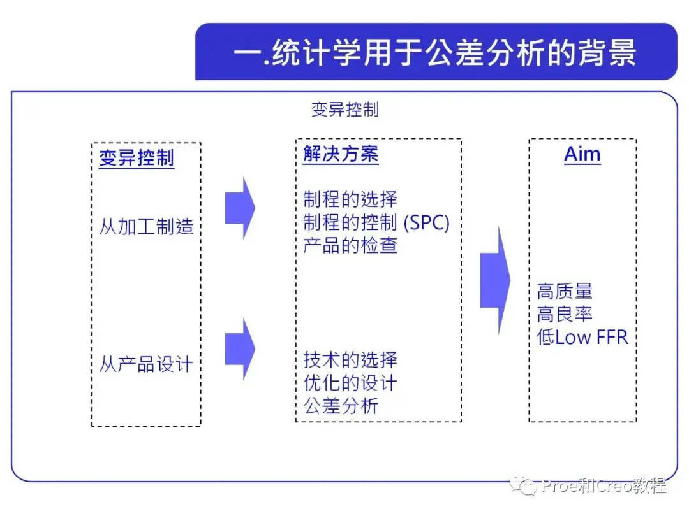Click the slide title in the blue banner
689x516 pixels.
(x=434, y=53)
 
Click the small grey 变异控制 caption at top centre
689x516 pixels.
(x=345, y=110)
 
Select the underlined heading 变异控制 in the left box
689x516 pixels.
(x=137, y=158)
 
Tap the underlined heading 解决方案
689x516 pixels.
(x=341, y=154)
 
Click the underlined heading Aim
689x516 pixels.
(x=582, y=154)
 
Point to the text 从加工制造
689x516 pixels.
(x=146, y=227)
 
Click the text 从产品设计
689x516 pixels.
(x=146, y=364)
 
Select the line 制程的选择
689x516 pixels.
(x=350, y=199)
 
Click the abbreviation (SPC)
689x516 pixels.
(x=426, y=222)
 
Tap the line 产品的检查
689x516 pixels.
(x=350, y=245)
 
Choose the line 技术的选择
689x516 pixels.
(x=350, y=360)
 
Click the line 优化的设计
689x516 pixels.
(x=350, y=383)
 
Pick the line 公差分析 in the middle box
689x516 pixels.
(x=341, y=406)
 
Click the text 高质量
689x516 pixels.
(x=565, y=291)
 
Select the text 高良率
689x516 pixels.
(x=565, y=314)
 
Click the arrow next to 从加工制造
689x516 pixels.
(x=240, y=208)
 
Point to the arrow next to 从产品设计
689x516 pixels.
(x=240, y=349)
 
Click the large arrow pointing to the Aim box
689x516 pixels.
(x=495, y=280)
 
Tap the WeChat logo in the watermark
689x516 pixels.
(x=523, y=485)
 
